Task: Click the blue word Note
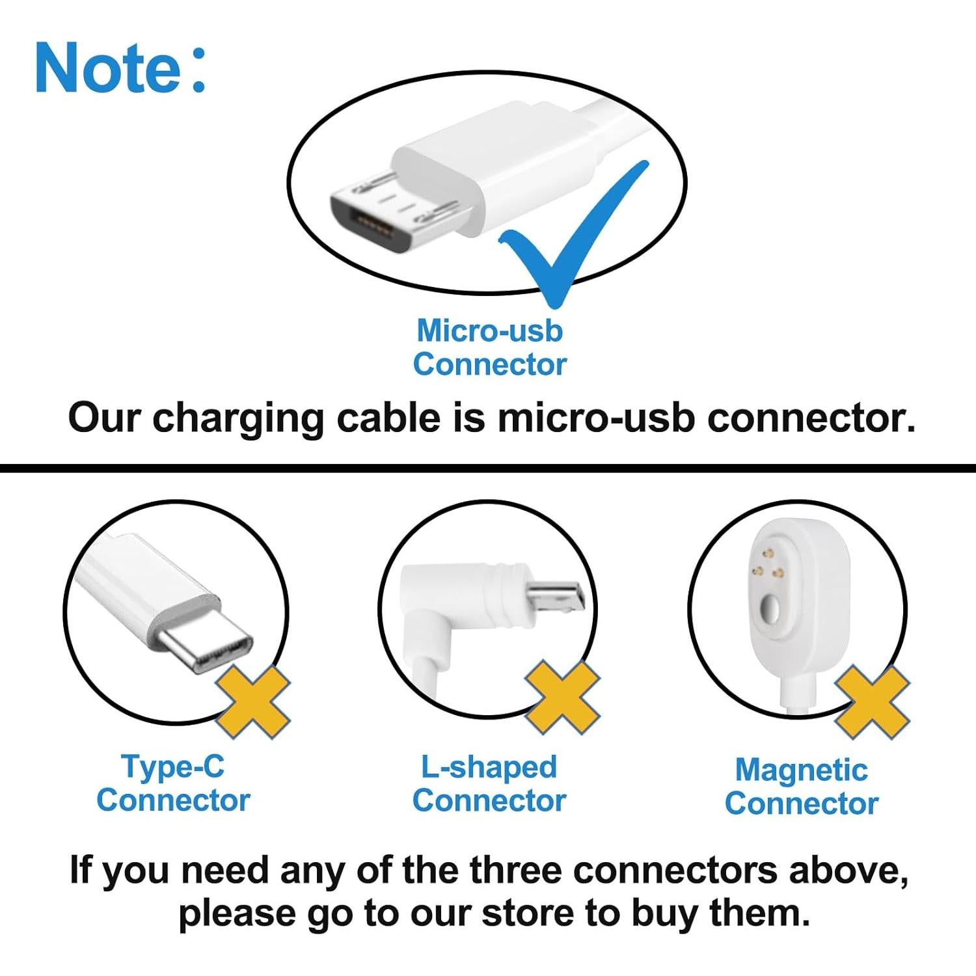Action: (107, 67)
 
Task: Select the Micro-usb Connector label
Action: (489, 347)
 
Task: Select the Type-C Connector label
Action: (173, 783)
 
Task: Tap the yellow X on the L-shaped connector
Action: (562, 698)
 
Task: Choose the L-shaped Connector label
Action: (489, 783)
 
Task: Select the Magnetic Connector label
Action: (802, 787)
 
